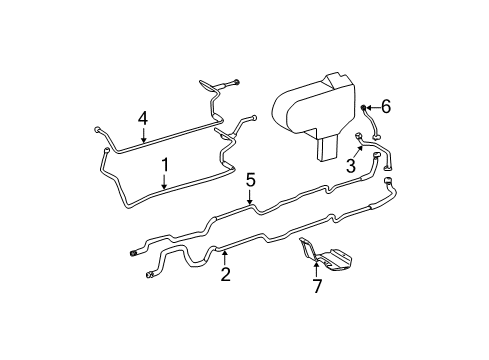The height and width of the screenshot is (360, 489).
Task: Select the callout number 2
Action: [x=225, y=273]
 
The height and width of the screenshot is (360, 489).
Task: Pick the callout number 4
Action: [x=143, y=119]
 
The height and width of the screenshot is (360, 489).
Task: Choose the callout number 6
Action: [x=386, y=107]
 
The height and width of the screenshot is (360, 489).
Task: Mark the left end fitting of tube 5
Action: [x=134, y=252]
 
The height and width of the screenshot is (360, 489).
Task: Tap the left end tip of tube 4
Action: [x=95, y=129]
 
